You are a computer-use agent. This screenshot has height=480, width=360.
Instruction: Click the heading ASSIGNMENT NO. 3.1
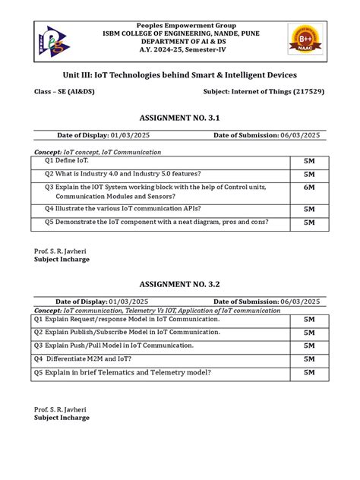tap(179, 118)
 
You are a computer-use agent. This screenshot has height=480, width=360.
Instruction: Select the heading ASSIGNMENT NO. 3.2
tap(179, 283)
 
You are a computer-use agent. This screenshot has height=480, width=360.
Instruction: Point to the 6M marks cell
tap(309, 186)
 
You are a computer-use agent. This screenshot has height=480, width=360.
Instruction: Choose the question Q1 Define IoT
tap(66, 162)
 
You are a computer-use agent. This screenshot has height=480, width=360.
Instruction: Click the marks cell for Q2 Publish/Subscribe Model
tap(309, 333)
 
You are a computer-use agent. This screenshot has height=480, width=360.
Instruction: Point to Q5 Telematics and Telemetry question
tap(122, 372)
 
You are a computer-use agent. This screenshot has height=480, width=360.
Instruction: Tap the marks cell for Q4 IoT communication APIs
tap(309, 209)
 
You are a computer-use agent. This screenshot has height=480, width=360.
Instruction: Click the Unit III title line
tap(179, 75)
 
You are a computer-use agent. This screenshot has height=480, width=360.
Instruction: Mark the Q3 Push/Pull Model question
tap(114, 345)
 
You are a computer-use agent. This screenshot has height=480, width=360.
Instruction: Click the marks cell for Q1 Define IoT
tap(309, 162)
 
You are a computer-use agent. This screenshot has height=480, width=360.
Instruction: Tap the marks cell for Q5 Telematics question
tap(309, 373)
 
